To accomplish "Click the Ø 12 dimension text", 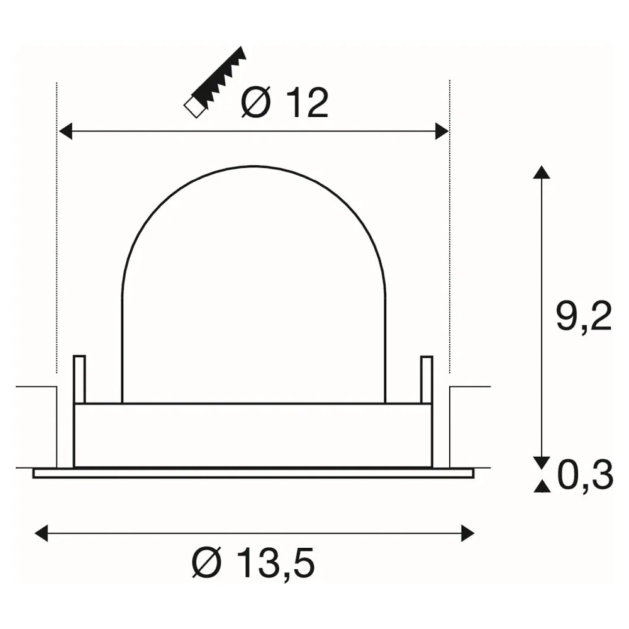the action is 285,103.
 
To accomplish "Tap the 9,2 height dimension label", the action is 584,316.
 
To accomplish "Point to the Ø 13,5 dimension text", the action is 253,563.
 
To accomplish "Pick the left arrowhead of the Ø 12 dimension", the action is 65,131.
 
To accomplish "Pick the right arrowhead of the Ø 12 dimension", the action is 442,131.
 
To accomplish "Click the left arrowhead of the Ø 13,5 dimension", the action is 42,533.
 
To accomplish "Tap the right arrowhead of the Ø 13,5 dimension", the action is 468,533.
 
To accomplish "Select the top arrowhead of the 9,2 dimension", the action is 542,172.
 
